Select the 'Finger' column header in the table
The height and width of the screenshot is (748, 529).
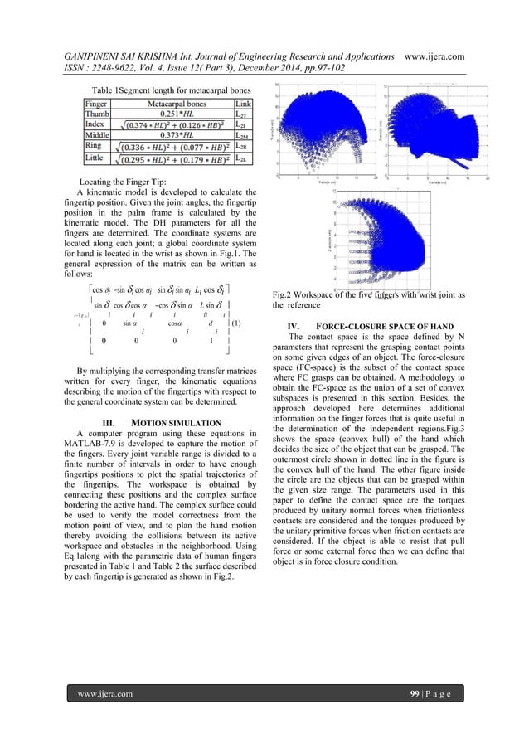(99, 102)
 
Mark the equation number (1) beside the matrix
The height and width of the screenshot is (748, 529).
(236, 323)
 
